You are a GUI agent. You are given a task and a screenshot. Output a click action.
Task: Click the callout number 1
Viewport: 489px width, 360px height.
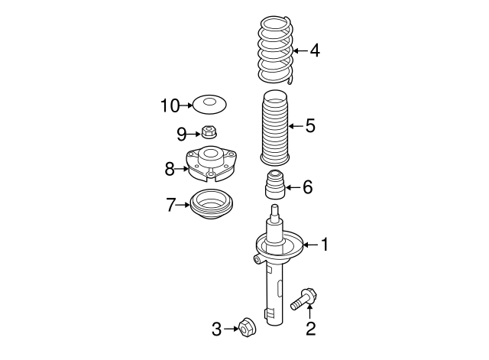tap(324, 245)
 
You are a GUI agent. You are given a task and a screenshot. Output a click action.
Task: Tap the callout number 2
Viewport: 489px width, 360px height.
tap(310, 329)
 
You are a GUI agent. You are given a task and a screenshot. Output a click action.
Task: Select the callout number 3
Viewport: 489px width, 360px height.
tap(217, 329)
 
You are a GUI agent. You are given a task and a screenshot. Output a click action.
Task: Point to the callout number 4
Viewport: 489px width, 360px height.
tap(315, 51)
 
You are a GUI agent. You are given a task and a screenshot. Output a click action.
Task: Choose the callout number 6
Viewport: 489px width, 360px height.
tap(307, 186)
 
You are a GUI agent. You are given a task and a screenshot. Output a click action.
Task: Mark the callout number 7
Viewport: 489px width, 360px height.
tap(172, 204)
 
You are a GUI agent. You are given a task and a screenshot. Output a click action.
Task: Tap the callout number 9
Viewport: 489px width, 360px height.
tap(182, 135)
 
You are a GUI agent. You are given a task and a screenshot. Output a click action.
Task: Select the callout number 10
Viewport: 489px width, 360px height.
tap(169, 105)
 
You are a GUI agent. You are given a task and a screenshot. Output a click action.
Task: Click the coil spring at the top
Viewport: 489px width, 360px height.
tap(275, 50)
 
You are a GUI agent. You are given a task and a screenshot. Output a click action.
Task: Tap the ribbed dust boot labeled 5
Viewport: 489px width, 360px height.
tap(275, 128)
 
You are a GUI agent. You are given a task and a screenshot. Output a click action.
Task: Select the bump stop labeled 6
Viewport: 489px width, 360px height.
tap(274, 186)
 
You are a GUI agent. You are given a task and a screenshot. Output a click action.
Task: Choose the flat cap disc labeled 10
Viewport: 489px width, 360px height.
tap(209, 103)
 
